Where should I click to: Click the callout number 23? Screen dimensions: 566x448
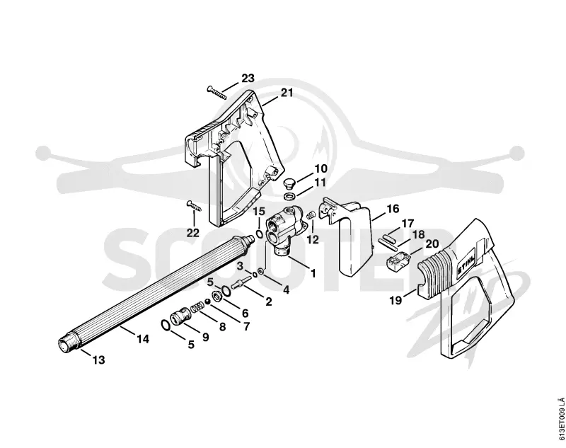point(248,78)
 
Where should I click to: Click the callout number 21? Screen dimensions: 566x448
point(287,93)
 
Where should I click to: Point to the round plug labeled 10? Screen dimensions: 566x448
point(289,183)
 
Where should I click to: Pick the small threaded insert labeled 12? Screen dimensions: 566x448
point(311,216)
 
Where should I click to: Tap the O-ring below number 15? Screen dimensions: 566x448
point(259,234)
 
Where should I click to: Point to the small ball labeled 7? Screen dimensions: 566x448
point(208,301)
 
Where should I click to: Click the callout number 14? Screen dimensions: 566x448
point(143,339)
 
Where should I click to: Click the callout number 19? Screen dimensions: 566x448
point(396,300)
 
